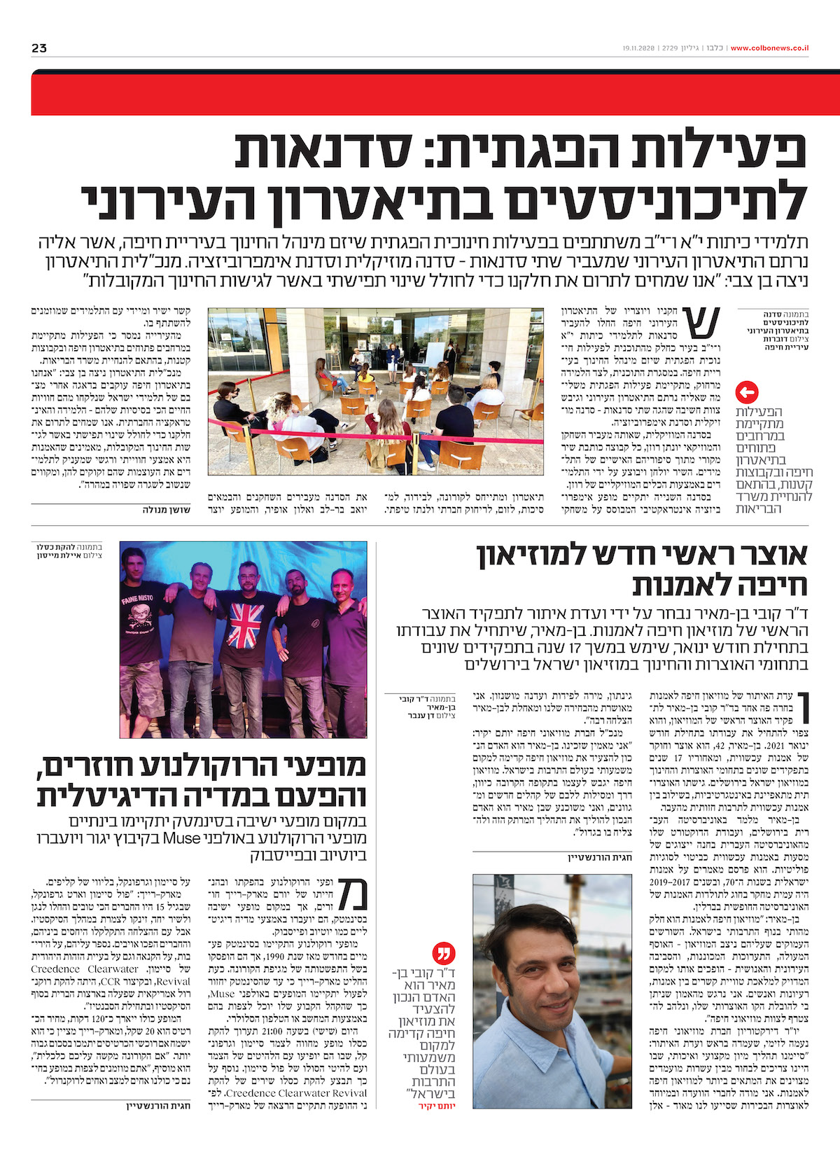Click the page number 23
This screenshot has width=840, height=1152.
[39, 48]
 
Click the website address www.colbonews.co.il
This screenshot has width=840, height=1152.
[769, 48]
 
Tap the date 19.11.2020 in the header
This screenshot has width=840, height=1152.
[638, 48]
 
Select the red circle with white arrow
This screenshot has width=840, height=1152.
[748, 392]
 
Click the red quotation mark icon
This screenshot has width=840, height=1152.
[445, 953]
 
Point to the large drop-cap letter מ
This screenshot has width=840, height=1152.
[351, 893]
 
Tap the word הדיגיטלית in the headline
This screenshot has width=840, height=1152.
[119, 796]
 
